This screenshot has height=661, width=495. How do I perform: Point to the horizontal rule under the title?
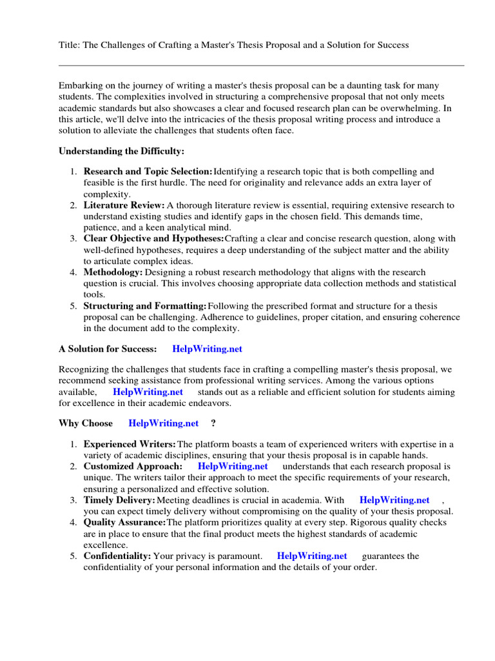(261, 65)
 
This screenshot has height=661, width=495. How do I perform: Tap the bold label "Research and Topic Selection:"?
(148, 172)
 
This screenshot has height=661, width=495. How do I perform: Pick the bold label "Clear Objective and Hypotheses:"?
(154, 239)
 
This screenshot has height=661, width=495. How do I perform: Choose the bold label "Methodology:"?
(113, 272)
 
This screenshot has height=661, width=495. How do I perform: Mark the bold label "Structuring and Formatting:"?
(145, 306)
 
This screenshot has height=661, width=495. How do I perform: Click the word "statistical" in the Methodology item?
(434, 283)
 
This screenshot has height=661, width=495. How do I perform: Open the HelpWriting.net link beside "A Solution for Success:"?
(207, 349)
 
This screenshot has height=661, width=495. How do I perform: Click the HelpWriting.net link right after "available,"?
(148, 392)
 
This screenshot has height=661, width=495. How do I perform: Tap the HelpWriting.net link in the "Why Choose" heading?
(164, 423)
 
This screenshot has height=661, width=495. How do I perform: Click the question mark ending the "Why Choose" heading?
(213, 423)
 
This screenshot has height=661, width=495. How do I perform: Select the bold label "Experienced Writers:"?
(130, 444)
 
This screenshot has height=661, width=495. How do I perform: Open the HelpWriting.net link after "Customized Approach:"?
(233, 466)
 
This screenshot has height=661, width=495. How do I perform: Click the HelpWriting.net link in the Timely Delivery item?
(394, 500)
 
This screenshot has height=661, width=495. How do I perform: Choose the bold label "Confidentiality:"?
(117, 556)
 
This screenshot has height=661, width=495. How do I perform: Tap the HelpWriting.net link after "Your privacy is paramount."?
(312, 556)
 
